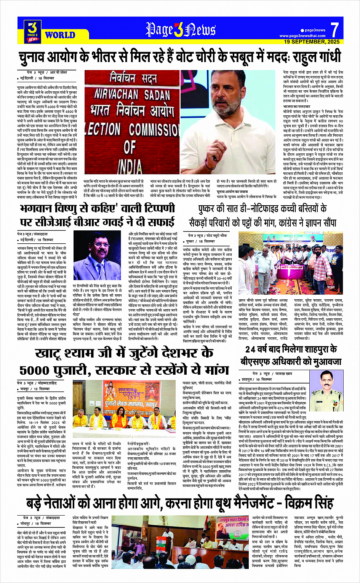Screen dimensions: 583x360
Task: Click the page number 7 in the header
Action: [x=334, y=29]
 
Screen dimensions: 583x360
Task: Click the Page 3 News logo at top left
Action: [x=33, y=31]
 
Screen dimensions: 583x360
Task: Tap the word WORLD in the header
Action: [x=60, y=35]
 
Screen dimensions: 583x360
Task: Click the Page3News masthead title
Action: [x=181, y=30]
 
